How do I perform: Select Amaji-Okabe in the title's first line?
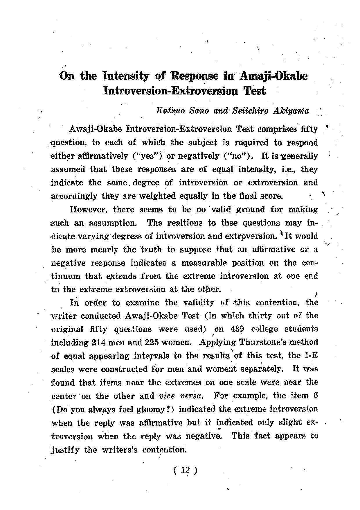(x=273, y=76)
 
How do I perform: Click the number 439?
(x=237, y=329)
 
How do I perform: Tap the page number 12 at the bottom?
(x=185, y=470)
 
